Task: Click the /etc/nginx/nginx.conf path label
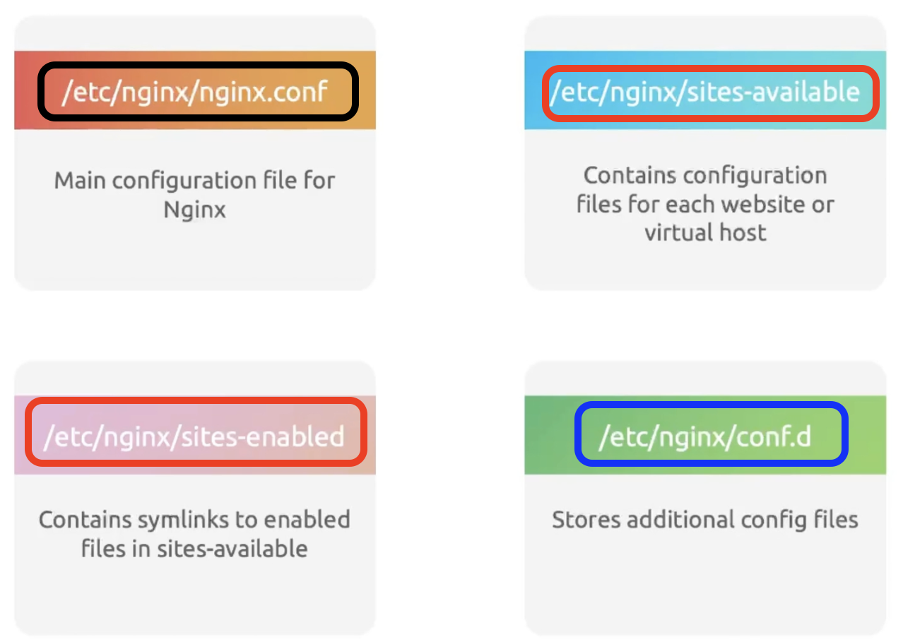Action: pos(195,93)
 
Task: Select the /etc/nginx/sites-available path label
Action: pos(705,93)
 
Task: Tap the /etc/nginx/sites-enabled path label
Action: pos(195,437)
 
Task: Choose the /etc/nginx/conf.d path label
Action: pos(705,437)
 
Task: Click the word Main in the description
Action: pos(81,180)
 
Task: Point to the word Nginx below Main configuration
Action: pos(195,210)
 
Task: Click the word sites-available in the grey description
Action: pos(232,549)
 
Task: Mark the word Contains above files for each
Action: pos(630,176)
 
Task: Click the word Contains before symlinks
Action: pos(85,520)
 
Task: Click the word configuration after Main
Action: pos(184,181)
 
